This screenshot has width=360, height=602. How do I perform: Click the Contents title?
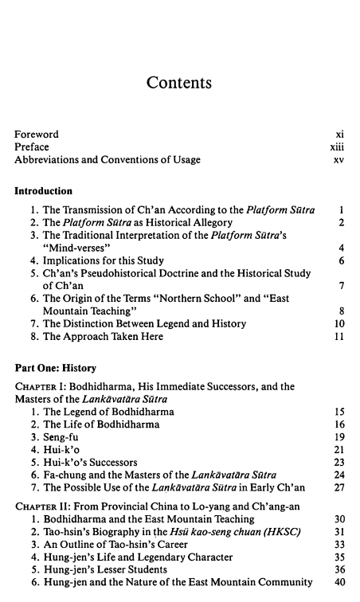coord(179,83)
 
